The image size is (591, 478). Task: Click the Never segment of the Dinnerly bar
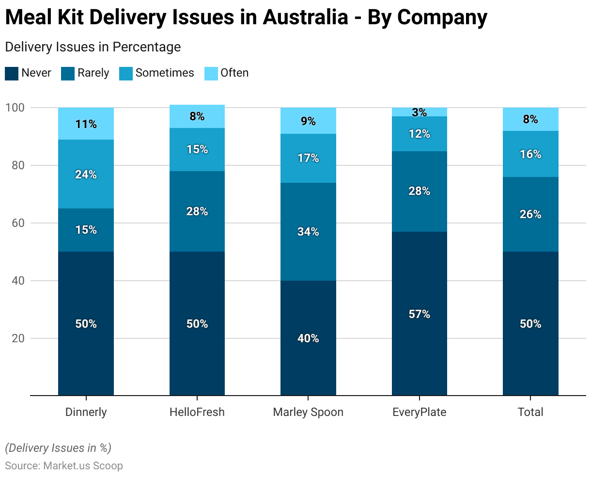coord(86,323)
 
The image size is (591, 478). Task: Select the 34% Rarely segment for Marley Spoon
coord(308,232)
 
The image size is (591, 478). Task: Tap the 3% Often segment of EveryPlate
coord(420,112)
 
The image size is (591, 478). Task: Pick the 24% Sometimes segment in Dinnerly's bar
coord(86,174)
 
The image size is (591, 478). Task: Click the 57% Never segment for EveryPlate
coord(420,314)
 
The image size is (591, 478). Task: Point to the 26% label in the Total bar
coord(530,214)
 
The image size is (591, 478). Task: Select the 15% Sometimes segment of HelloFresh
coord(197,149)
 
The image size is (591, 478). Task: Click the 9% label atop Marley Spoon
coord(308,121)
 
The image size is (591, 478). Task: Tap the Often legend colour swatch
coord(212,73)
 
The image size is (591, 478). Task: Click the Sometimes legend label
coord(165,73)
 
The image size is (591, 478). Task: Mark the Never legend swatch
coord(12,73)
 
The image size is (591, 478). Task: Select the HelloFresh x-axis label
coord(197,412)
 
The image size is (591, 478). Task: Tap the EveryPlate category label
coord(420,412)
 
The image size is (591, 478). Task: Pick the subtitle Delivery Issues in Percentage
coord(93,47)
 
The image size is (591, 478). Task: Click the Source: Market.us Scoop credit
coord(64,466)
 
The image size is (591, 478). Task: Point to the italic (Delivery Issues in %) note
coord(58,448)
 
